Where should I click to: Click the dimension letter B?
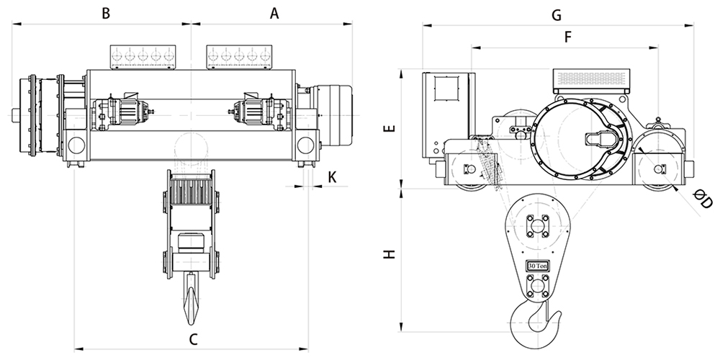pyautogui.click(x=106, y=13)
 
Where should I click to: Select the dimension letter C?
pyautogui.click(x=193, y=340)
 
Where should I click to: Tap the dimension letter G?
pyautogui.click(x=556, y=15)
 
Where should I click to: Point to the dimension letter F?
pyautogui.click(x=567, y=37)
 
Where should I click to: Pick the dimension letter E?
pyautogui.click(x=390, y=128)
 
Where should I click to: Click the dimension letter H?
pyautogui.click(x=390, y=254)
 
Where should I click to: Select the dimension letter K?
pyautogui.click(x=333, y=177)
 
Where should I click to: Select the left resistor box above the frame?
pyautogui.click(x=143, y=58)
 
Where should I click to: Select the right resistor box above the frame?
pyautogui.click(x=239, y=58)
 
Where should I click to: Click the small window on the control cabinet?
pyautogui.click(x=446, y=88)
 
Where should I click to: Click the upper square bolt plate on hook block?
pyautogui.click(x=536, y=226)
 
